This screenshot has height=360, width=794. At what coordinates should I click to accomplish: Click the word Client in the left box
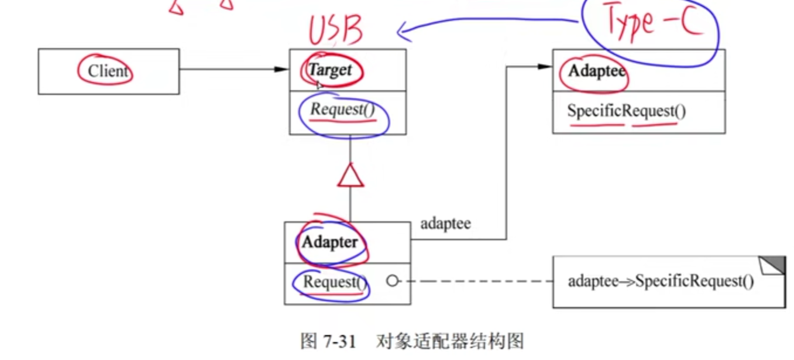[x=108, y=71]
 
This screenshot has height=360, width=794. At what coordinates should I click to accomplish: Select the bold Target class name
[x=331, y=70]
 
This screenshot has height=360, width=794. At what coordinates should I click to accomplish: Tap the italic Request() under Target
[x=342, y=109]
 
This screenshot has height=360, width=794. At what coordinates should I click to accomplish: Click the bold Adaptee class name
[x=597, y=71]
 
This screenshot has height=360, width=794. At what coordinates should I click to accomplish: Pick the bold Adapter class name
[x=329, y=242]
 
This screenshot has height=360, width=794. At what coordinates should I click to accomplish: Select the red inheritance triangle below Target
[x=350, y=176]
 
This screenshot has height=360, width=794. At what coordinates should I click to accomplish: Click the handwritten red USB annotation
[x=336, y=30]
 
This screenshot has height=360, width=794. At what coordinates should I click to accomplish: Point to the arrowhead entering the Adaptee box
[x=545, y=67]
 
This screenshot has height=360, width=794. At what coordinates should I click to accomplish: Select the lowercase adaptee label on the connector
[x=445, y=224]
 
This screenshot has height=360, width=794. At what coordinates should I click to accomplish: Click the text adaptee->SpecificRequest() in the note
[x=661, y=282]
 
